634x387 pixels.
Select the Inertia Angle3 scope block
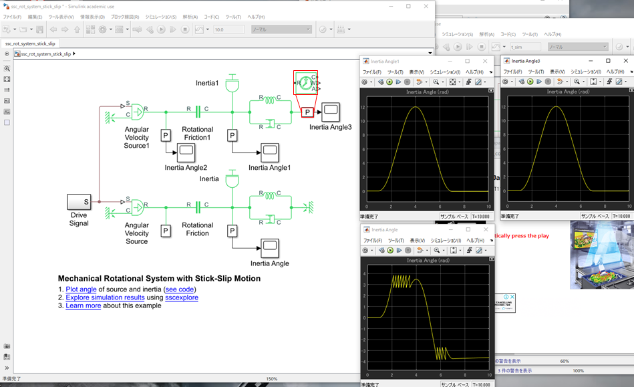331,111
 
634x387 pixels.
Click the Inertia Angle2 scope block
186,152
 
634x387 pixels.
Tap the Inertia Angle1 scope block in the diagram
270,152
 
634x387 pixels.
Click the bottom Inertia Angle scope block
270,248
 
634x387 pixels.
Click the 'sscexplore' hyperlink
182,297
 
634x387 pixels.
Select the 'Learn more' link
83,305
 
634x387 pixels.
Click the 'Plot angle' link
81,289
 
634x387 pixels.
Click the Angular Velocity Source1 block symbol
138,111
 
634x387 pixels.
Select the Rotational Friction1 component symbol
198,111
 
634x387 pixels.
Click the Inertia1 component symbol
232,86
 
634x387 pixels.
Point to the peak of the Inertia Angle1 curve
416,107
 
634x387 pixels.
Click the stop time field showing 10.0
228,29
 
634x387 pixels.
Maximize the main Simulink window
408,6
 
